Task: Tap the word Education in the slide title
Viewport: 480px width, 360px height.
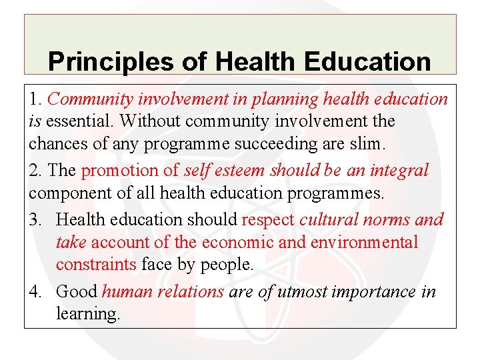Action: point(366,62)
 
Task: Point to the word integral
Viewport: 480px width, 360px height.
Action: point(399,171)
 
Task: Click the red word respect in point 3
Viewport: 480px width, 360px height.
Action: point(269,219)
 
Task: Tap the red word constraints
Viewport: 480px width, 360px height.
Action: point(96,265)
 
